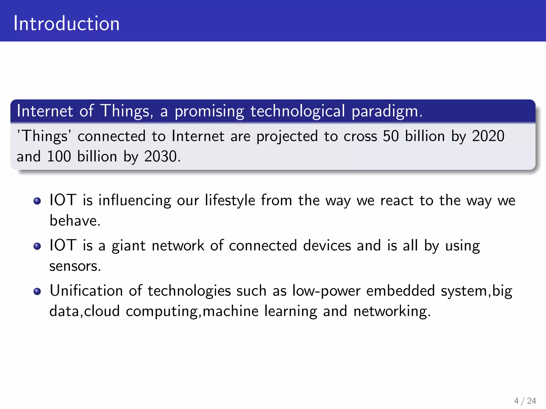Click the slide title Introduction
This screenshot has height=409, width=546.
(x=66, y=23)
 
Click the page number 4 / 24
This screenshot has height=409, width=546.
(x=525, y=401)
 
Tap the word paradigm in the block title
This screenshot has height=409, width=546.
(x=387, y=111)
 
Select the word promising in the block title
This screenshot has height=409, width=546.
(x=209, y=111)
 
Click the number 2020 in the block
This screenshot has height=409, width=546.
(x=488, y=136)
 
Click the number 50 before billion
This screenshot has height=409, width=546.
(x=391, y=136)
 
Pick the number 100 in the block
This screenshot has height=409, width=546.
(x=59, y=156)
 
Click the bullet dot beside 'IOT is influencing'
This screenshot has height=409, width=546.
(x=37, y=201)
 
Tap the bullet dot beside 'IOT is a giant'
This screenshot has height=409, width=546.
(x=37, y=246)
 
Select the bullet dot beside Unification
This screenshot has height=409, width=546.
(x=37, y=291)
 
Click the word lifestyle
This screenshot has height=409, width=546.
(x=230, y=200)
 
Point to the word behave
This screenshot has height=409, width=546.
(x=75, y=221)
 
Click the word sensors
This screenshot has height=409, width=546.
(x=75, y=266)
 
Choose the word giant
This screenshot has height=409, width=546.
(x=129, y=246)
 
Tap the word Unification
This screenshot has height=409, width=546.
(x=86, y=291)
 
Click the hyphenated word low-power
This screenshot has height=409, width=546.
(x=326, y=291)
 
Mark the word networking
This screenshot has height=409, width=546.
(x=392, y=311)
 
